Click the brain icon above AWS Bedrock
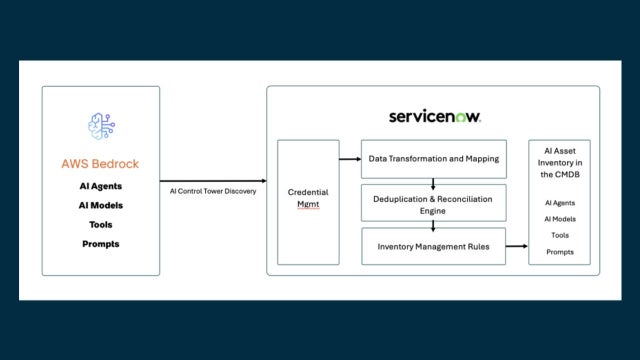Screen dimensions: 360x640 (x=101, y=126)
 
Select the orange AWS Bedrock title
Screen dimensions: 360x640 (x=101, y=164)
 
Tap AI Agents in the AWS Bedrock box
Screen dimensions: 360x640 (x=101, y=187)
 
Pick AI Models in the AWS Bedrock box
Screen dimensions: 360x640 (x=101, y=206)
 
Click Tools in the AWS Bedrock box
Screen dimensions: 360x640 (x=101, y=225)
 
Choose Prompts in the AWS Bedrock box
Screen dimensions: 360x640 (x=101, y=244)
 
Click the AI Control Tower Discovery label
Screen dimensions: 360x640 (x=212, y=191)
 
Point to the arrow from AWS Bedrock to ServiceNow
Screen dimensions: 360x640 (x=212, y=180)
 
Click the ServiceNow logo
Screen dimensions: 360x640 (x=436, y=116)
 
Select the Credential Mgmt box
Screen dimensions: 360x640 (x=308, y=200)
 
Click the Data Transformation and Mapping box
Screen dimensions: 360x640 (x=433, y=159)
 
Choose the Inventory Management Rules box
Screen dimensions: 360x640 (x=433, y=246)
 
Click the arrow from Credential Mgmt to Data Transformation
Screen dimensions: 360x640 (x=350, y=159)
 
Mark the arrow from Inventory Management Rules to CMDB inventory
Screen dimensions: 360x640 (x=516, y=246)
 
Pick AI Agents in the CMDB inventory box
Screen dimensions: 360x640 (x=560, y=203)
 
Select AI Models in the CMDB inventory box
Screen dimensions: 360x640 (x=560, y=219)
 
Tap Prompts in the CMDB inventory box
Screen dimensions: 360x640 (x=560, y=252)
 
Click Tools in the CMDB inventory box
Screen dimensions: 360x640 (x=560, y=236)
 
